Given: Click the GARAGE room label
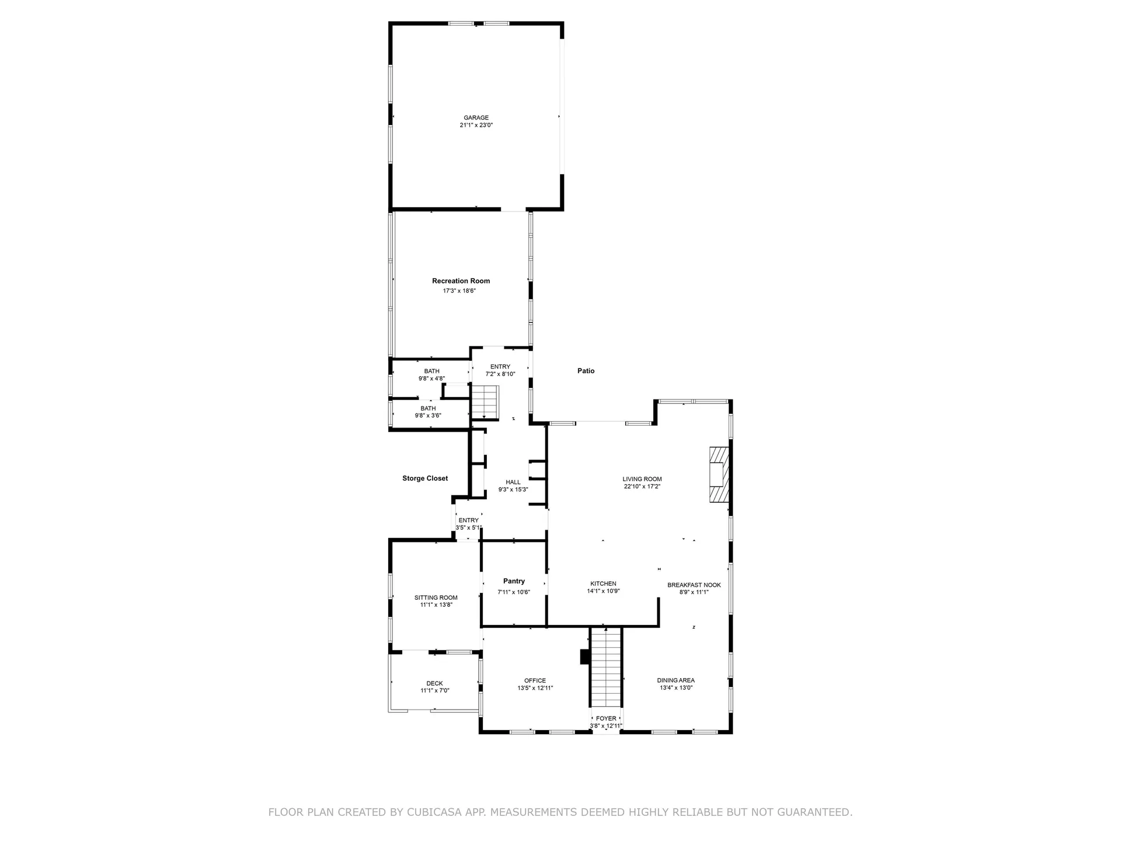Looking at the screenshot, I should [x=476, y=117].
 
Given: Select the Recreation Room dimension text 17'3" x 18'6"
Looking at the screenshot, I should [x=459, y=291].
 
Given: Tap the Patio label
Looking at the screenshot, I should [x=586, y=371].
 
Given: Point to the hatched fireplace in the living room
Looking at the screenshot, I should [x=719, y=474].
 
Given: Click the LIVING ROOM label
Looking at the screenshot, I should [x=642, y=479].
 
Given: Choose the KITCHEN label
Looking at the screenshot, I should [x=603, y=583].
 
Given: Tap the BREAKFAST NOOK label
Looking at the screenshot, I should [x=694, y=585].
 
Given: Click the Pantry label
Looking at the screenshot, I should [x=514, y=581].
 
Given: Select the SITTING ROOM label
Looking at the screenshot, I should [x=436, y=597].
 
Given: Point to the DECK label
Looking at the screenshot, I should [x=434, y=683].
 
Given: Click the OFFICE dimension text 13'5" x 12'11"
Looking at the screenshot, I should [x=535, y=688].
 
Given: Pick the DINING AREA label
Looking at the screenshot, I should [x=676, y=680].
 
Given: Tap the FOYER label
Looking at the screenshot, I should [x=605, y=718].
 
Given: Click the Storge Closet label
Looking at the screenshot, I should [x=424, y=478].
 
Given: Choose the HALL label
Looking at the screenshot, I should [x=513, y=482].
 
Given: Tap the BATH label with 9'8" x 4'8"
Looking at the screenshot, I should [x=431, y=371].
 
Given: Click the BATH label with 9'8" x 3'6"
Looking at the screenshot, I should [x=428, y=408].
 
